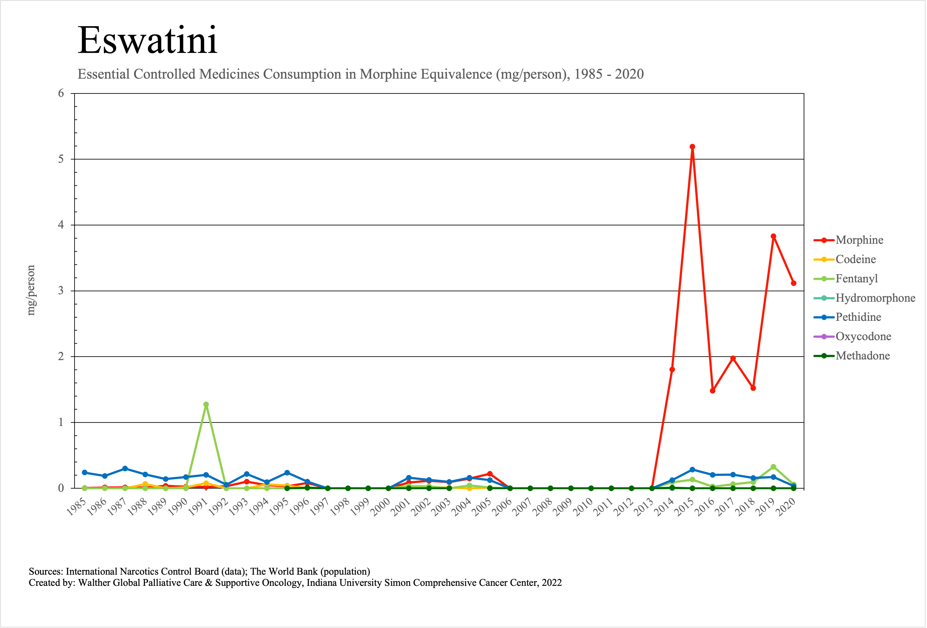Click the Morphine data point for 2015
tap(692, 147)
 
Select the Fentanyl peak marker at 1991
tap(206, 404)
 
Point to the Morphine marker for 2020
tap(793, 283)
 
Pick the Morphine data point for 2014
tap(672, 370)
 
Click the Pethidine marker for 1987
tap(125, 469)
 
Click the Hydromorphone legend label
tap(875, 298)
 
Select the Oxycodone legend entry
tap(863, 337)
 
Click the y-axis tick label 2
tap(61, 356)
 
